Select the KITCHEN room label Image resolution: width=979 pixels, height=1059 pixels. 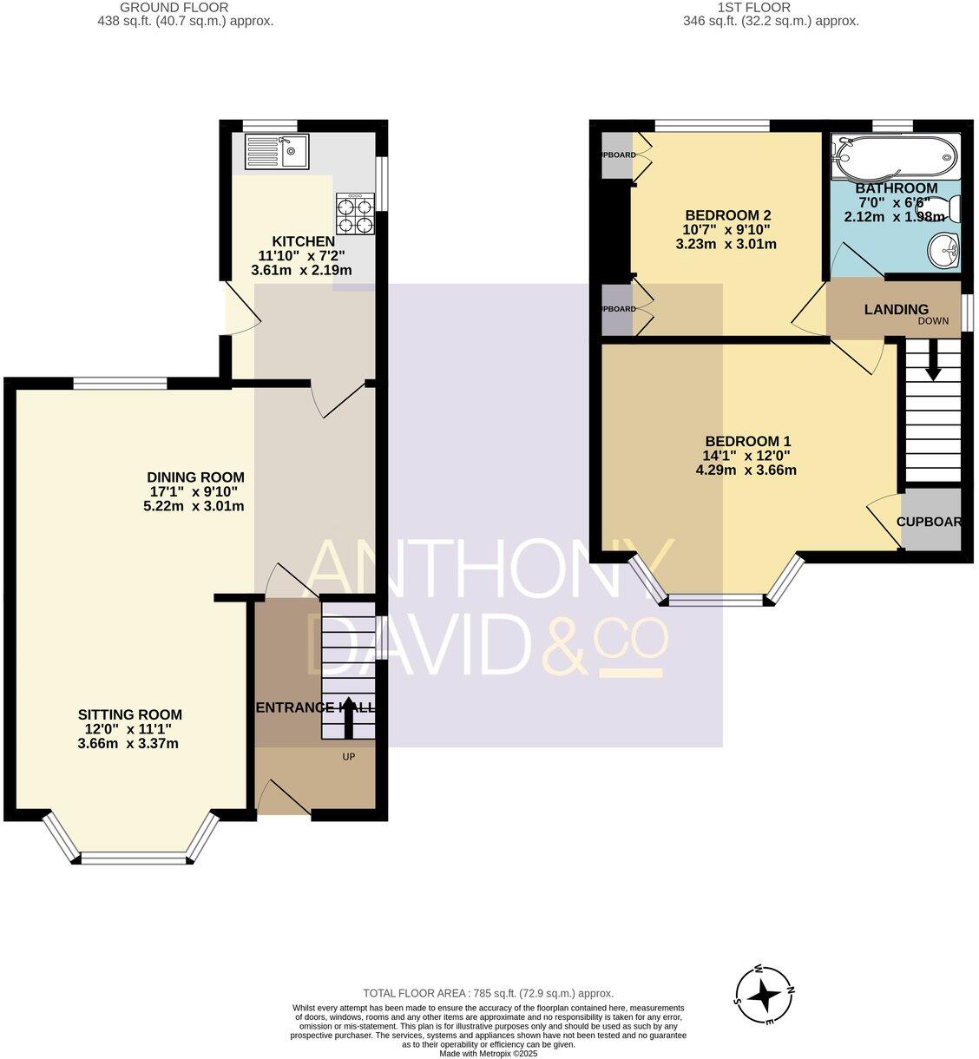point(303,241)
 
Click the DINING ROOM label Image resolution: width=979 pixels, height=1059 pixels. point(195,477)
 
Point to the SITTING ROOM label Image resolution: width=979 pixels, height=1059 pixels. point(130,714)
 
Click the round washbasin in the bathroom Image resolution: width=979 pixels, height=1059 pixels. point(943,252)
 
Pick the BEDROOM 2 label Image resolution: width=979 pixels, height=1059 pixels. point(728,215)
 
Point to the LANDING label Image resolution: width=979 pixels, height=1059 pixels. point(896,310)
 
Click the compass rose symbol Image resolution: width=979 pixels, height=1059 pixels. point(765,995)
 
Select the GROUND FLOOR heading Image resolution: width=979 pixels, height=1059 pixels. point(186,8)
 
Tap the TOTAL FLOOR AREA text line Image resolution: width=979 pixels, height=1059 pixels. point(488,993)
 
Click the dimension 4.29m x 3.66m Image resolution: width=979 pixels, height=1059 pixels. point(746,470)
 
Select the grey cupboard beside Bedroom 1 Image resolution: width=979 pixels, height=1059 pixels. point(931,521)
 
